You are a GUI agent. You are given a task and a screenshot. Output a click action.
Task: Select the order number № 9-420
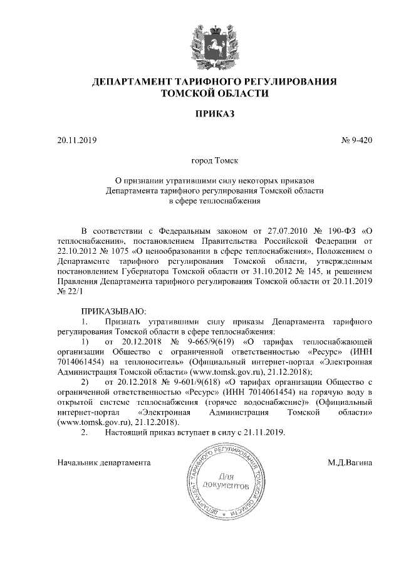click(x=357, y=140)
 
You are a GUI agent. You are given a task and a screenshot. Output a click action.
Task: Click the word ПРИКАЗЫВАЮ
click(x=113, y=311)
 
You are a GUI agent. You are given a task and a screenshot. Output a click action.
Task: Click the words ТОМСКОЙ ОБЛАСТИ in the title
click(x=215, y=94)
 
